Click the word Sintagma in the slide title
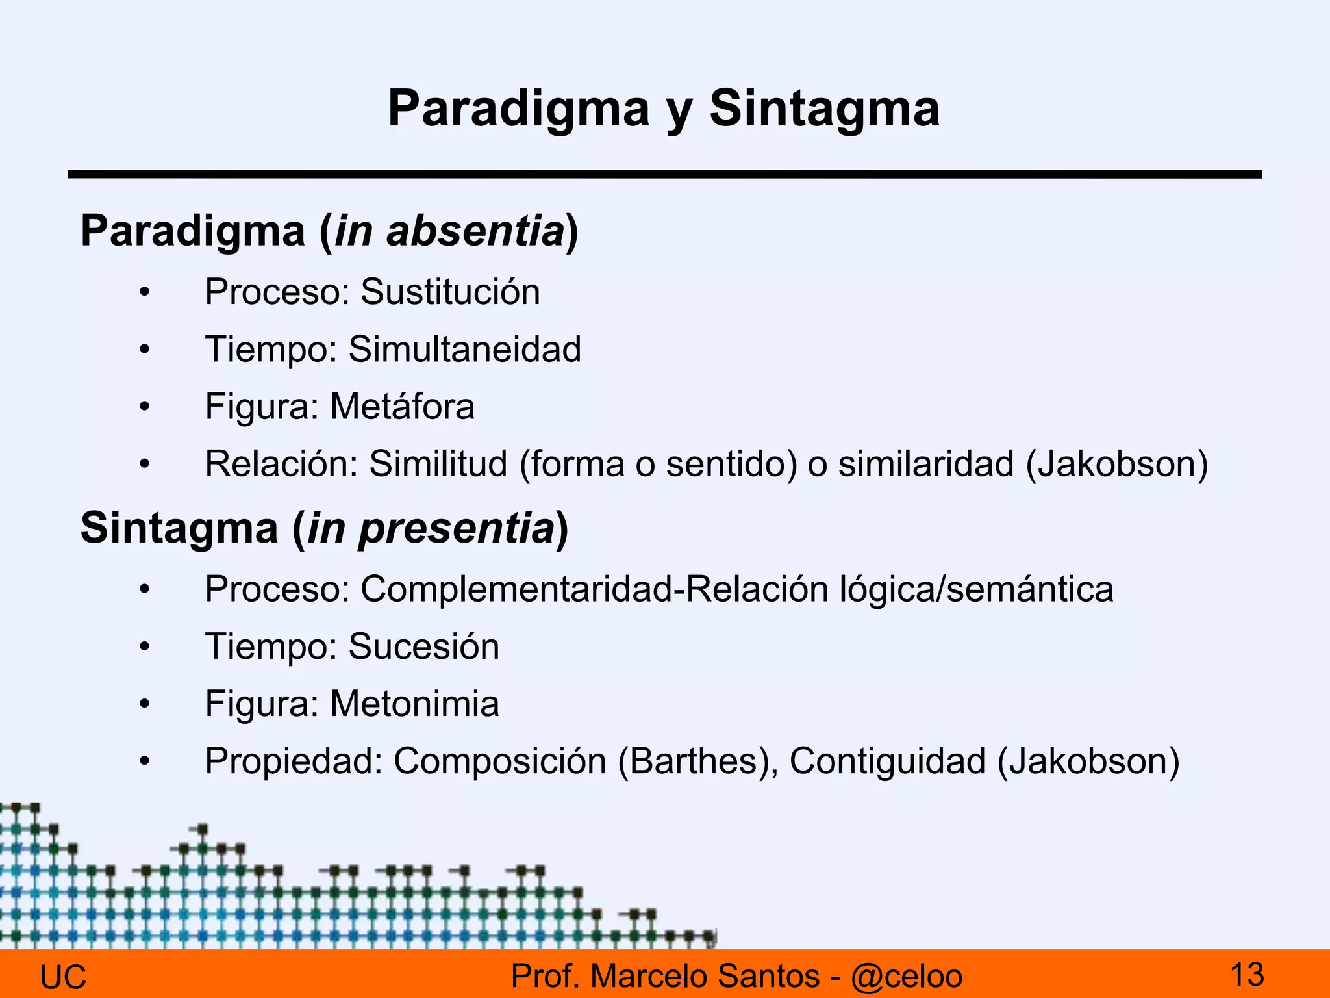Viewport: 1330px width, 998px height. pyautogui.click(x=823, y=109)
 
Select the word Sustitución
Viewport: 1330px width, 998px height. pyautogui.click(x=450, y=292)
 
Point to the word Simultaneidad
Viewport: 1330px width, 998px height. pyautogui.click(x=464, y=349)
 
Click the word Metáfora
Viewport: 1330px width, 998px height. pyautogui.click(x=402, y=407)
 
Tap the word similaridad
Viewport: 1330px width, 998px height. pyautogui.click(x=926, y=464)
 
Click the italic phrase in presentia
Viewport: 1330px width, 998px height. pyautogui.click(x=431, y=528)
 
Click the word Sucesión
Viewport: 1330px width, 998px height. pyautogui.click(x=423, y=646)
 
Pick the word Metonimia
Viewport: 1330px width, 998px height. pyautogui.click(x=414, y=704)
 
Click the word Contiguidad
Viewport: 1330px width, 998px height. pyautogui.click(x=887, y=761)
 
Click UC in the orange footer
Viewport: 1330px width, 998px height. pyautogui.click(x=63, y=977)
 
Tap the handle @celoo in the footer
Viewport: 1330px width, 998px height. pyautogui.click(x=907, y=977)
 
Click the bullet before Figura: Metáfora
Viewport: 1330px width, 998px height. pyautogui.click(x=144, y=407)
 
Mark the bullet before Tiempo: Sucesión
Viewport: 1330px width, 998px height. pyautogui.click(x=144, y=647)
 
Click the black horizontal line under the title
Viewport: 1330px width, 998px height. pyautogui.click(x=664, y=174)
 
